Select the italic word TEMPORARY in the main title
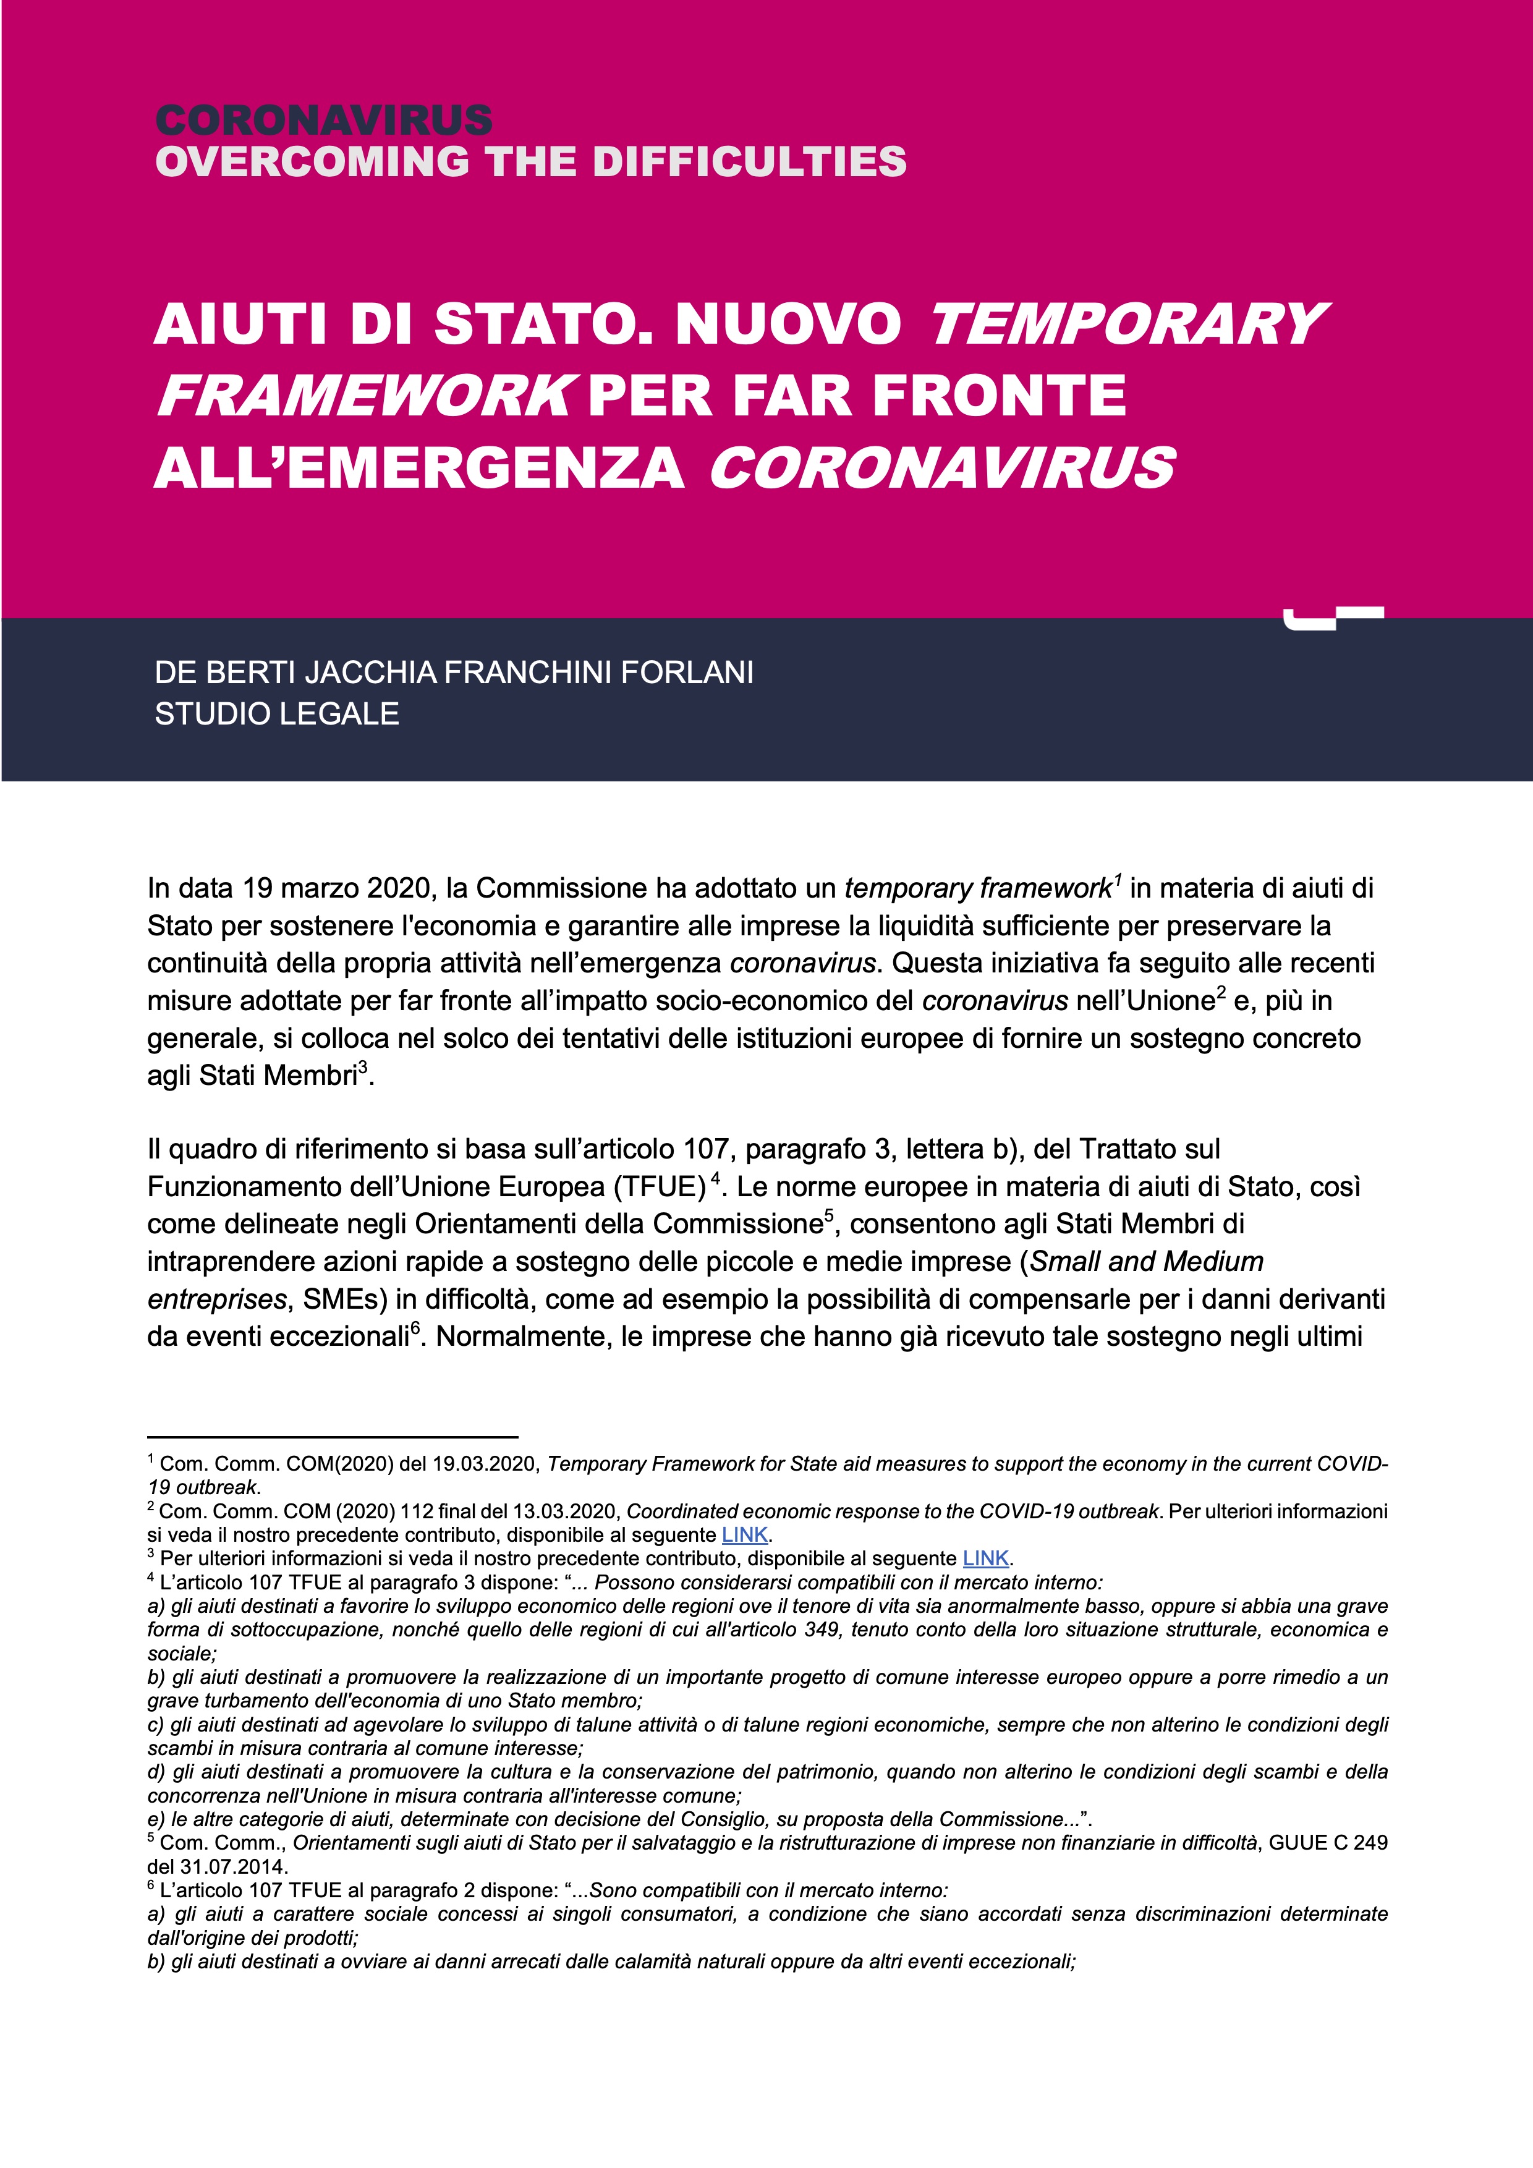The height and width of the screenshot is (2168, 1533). [1128, 324]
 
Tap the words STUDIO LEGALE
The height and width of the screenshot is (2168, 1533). [276, 714]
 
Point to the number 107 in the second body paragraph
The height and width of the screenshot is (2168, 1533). [707, 1149]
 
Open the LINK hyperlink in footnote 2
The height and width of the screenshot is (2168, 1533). [745, 1536]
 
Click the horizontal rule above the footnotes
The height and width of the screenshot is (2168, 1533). [333, 1436]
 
